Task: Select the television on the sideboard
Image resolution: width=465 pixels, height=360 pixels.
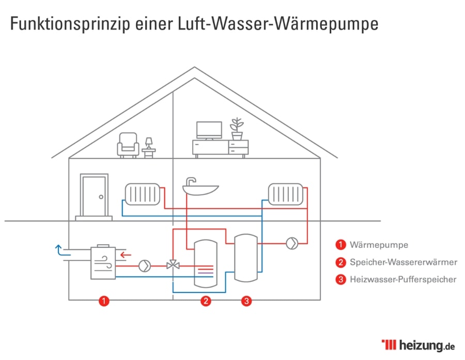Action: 209,130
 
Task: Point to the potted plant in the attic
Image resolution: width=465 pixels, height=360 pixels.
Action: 237,129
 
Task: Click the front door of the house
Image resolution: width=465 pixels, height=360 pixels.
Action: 94,196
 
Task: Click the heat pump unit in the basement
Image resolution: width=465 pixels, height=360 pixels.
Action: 103,262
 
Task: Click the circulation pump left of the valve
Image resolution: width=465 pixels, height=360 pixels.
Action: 144,266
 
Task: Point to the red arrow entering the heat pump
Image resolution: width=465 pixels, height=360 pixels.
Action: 124,254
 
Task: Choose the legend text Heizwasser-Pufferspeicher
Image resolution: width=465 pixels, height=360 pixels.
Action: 402,279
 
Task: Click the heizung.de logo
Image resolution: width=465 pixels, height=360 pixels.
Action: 418,345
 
